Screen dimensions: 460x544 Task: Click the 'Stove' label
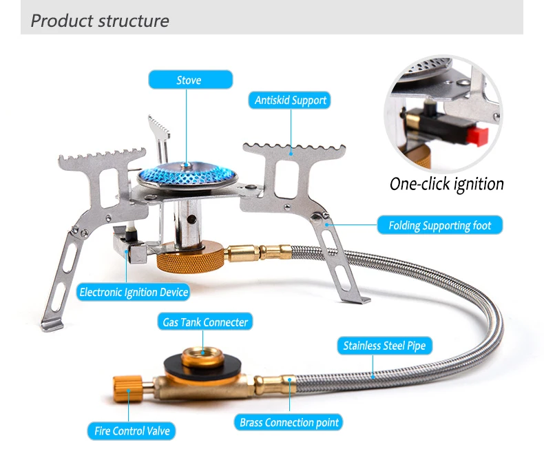189,81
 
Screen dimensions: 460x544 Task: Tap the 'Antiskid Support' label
290,101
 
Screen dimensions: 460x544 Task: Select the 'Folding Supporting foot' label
439,225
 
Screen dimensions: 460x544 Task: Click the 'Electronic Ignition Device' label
134,292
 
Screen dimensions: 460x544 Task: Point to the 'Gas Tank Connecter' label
205,322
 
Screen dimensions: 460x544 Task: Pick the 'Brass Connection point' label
290,422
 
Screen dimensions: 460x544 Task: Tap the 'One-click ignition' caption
446,184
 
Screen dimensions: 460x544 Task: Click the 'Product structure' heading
100,21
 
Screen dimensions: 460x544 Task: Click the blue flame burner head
186,172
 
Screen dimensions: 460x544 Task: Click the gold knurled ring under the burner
189,259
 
